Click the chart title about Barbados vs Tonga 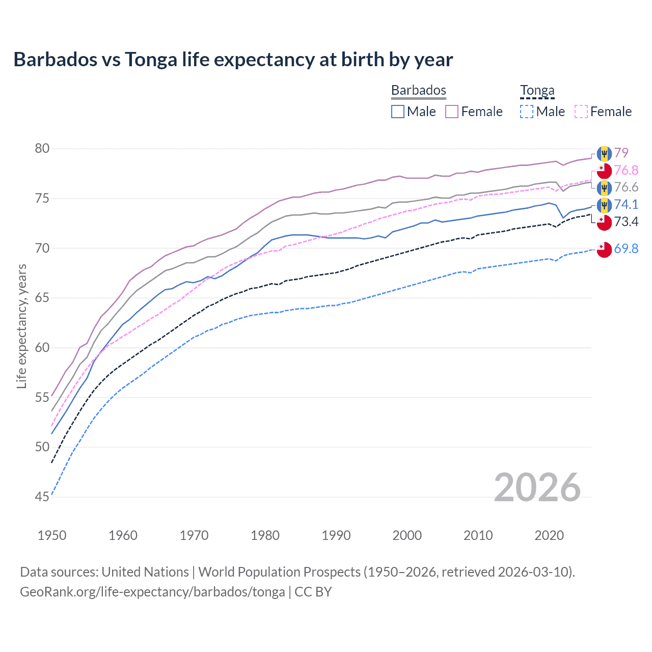(x=233, y=60)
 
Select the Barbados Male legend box (x=398, y=112)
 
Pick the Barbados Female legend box (x=452, y=112)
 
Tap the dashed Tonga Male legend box (x=527, y=112)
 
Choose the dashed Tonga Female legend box (x=581, y=112)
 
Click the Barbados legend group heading (x=419, y=90)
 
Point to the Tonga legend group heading (x=537, y=91)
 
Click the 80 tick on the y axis (x=42, y=149)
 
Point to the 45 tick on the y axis (x=42, y=497)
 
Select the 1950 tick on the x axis (x=52, y=535)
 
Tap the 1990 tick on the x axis (x=336, y=535)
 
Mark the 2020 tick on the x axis (x=549, y=535)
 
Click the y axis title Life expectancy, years (x=22, y=326)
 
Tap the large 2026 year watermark (x=537, y=487)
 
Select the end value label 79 (x=621, y=153)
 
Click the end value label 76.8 (x=626, y=170)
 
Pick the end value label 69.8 (x=626, y=249)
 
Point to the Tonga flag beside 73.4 (x=604, y=223)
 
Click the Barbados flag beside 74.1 (x=604, y=205)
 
